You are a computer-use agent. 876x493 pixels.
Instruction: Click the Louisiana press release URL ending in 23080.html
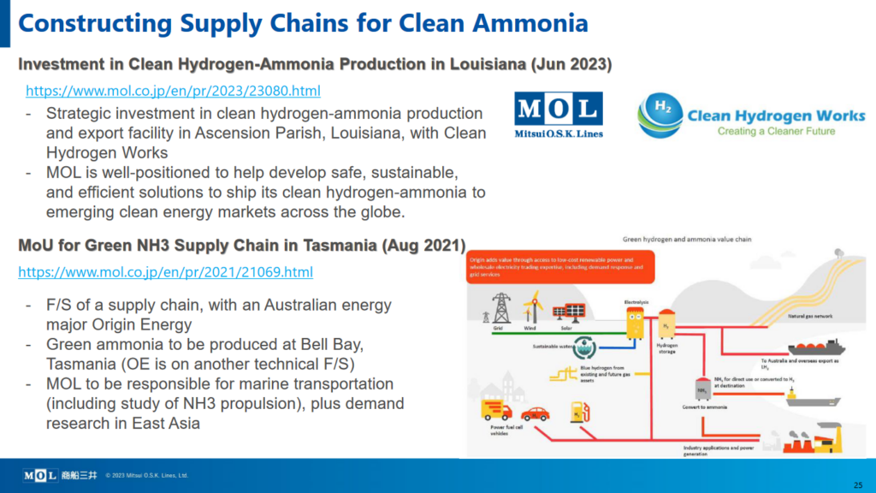173,90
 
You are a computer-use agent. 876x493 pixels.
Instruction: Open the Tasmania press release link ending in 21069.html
165,272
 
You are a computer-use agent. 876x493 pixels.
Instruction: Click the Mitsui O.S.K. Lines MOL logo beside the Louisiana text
559,114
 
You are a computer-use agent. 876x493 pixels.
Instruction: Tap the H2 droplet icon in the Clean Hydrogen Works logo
660,116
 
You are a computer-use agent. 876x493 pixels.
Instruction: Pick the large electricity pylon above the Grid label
501,307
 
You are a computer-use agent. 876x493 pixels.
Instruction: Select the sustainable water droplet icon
584,347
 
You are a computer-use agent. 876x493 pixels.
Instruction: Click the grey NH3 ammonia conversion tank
701,389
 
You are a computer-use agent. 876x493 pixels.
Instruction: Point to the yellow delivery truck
497,412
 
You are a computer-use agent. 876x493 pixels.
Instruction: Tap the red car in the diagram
535,413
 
